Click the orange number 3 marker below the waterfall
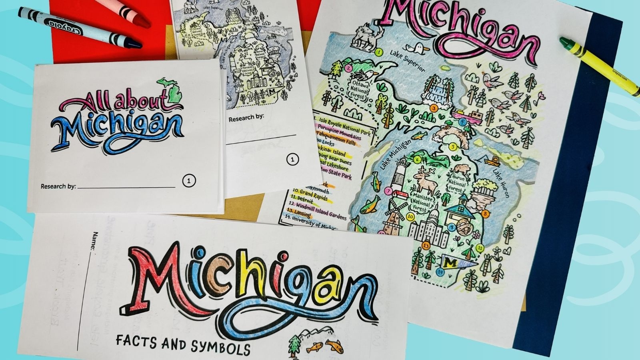pyautogui.click(x=433, y=108)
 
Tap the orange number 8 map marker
pyautogui.click(x=485, y=214)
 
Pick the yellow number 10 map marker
pyautogui.click(x=410, y=217)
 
